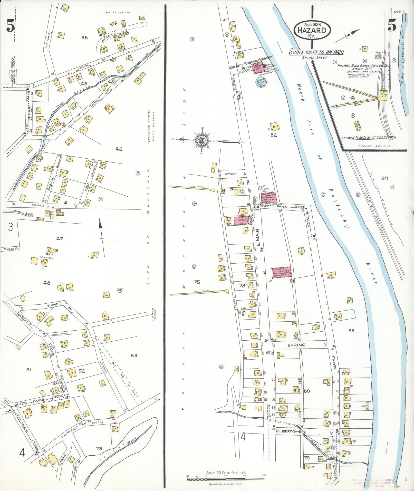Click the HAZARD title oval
(312, 30)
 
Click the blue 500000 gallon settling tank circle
(262, 82)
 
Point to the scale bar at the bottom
(226, 479)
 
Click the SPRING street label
(300, 345)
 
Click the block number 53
(134, 355)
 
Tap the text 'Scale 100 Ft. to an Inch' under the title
(316, 52)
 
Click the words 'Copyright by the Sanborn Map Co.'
(226, 484)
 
